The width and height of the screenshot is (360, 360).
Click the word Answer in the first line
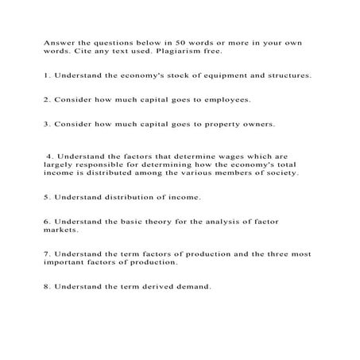pyautogui.click(x=58, y=42)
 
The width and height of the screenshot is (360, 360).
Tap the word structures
pyautogui.click(x=286, y=76)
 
